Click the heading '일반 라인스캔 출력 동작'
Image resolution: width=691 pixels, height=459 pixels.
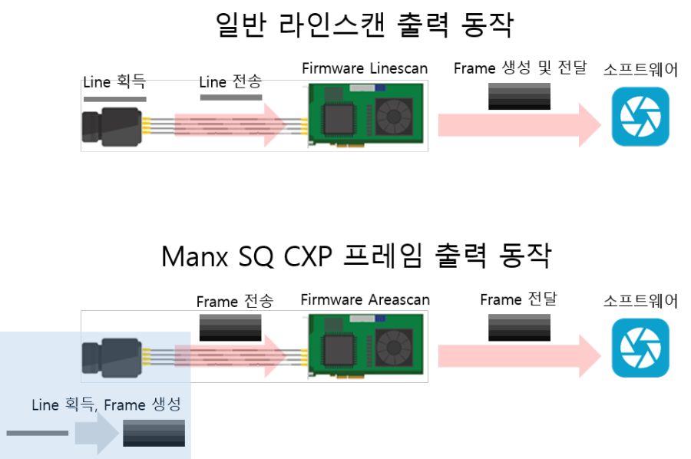365,25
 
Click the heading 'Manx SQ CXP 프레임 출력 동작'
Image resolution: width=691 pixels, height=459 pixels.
356,256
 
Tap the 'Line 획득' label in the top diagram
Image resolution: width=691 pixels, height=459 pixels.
114,81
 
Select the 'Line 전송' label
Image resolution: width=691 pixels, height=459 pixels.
230,81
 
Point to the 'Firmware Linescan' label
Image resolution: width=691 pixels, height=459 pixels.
365,68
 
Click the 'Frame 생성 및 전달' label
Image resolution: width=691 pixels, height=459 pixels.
521,68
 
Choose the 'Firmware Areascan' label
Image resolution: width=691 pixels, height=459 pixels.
365,299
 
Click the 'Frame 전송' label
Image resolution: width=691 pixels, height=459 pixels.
235,302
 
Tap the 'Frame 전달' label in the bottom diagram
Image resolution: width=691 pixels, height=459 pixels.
519,299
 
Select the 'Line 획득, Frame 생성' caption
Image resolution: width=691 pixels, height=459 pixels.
106,405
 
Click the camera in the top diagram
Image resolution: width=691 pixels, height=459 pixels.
112,127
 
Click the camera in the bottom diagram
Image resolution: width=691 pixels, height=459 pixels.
112,358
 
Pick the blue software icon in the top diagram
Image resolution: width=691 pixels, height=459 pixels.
640,117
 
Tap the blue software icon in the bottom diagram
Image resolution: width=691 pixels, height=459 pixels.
640,348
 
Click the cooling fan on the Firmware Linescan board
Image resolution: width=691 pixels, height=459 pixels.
394,117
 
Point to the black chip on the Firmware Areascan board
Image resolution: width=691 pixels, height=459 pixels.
339,350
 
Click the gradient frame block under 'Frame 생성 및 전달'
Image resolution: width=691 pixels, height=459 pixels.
519,96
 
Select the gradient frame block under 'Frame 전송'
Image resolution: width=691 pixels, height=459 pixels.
230,327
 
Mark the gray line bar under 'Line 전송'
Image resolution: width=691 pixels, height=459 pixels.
231,97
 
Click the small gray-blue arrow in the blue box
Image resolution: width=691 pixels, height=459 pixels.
97,433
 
